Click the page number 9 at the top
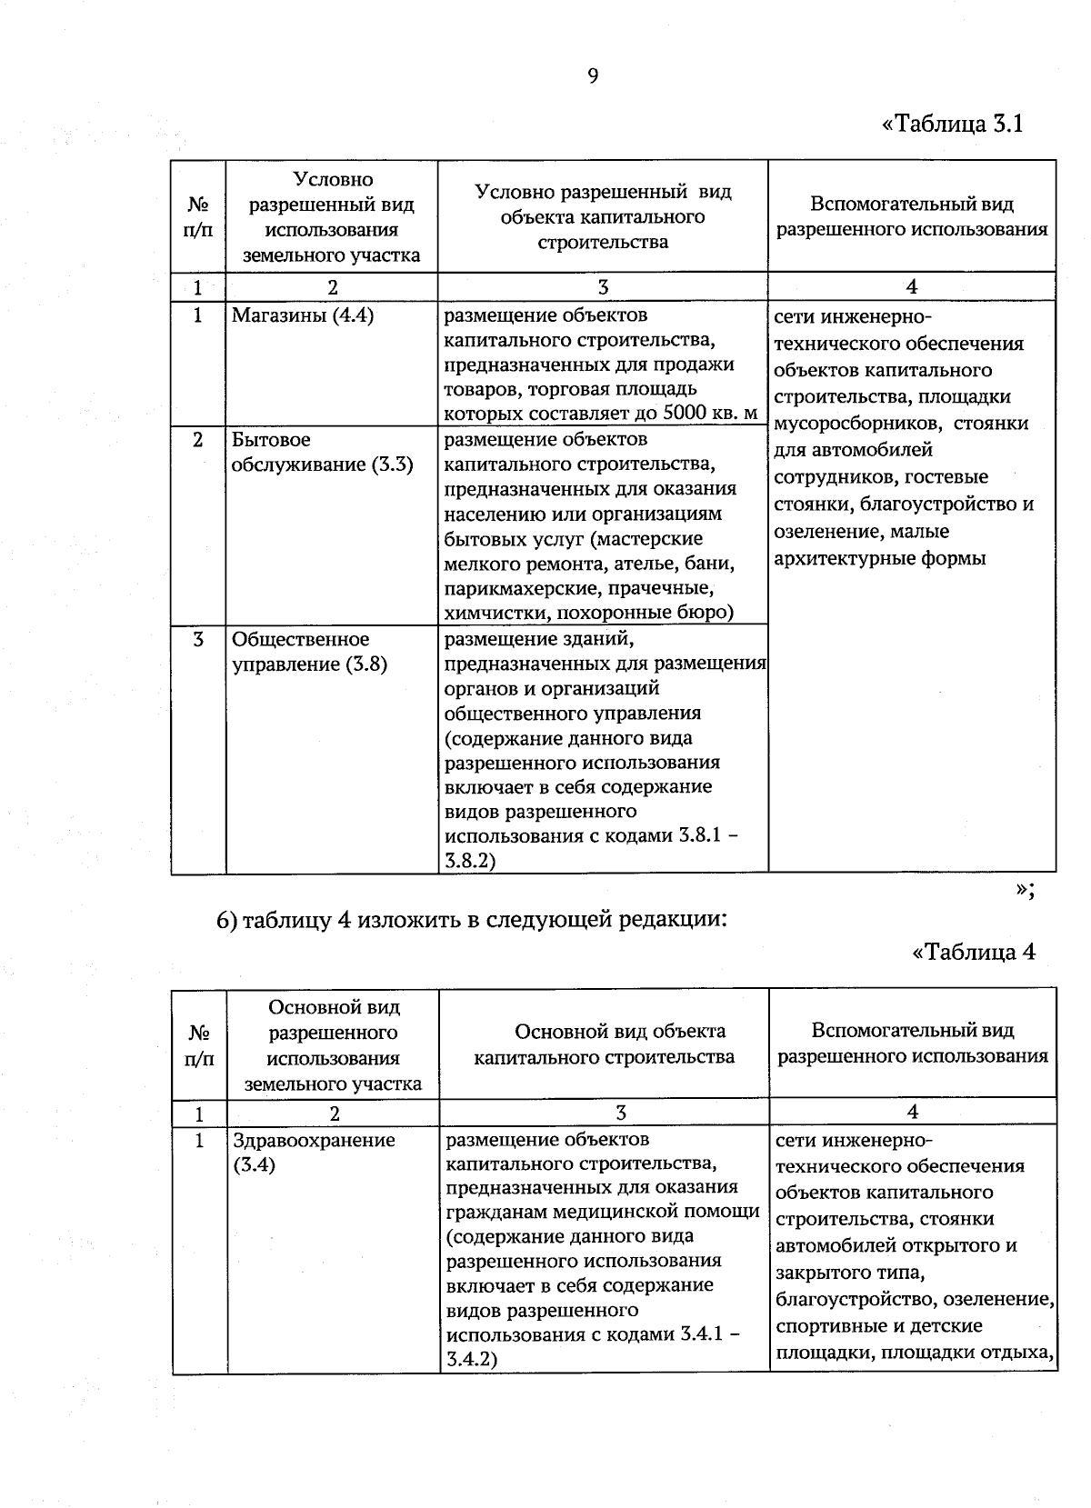593,76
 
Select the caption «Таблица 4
973,952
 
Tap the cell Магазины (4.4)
303,316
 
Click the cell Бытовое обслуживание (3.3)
322,453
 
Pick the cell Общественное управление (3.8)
309,652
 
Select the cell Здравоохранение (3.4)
314,1152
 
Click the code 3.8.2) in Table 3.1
470,860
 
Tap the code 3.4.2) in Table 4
472,1360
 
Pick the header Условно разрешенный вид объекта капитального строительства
603,216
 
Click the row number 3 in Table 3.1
198,640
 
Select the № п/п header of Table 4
199,1044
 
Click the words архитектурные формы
879,558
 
